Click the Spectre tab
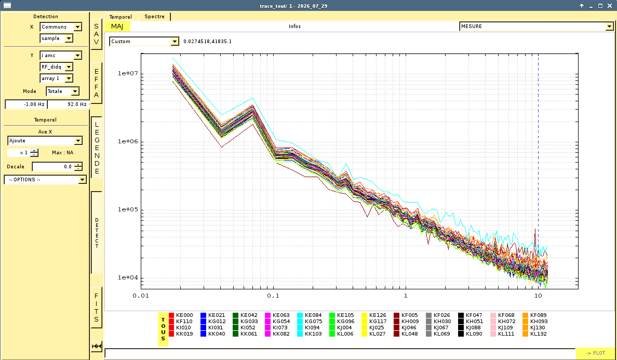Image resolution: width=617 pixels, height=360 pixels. point(154,17)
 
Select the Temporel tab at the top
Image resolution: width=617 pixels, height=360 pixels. point(120,17)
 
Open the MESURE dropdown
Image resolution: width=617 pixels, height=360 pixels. point(536,26)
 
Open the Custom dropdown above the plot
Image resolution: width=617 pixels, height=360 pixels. point(144,42)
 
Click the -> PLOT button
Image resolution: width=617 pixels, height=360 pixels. point(595,353)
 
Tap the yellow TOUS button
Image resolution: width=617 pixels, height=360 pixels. point(163,329)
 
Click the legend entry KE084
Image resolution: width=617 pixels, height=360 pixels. point(310,315)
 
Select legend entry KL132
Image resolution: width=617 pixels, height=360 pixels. point(534,334)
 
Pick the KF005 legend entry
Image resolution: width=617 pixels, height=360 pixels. point(406,315)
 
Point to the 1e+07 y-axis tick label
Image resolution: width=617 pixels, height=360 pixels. point(128,73)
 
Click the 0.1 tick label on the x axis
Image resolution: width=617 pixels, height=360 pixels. point(273,296)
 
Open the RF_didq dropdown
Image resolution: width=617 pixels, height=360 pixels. point(56,67)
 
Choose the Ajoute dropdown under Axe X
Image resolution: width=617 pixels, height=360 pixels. point(45,140)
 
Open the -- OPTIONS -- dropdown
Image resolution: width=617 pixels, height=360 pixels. point(45,179)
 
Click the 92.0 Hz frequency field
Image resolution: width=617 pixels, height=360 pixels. point(68,104)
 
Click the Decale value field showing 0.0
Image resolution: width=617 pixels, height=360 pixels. point(57,166)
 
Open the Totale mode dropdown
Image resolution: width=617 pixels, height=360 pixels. point(62,91)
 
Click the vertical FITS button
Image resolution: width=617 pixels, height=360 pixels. point(97,308)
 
